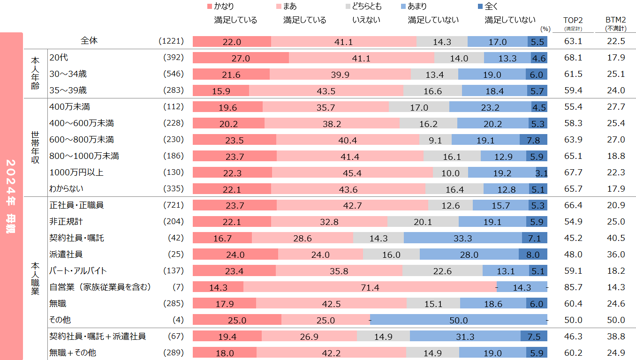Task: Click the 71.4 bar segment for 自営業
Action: [370, 287]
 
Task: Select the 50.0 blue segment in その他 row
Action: [458, 320]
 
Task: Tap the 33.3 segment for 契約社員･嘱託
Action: [462, 238]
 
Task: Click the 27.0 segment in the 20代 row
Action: [241, 58]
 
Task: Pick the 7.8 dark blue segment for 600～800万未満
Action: [533, 140]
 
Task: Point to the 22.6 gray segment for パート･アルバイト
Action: [442, 271]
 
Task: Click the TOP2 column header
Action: [573, 20]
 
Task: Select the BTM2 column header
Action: [615, 20]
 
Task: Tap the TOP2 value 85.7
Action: [573, 287]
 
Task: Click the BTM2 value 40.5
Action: [615, 238]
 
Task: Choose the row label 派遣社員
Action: [66, 255]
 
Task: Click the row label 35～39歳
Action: [68, 90]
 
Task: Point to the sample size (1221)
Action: [171, 41]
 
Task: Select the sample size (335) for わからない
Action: [173, 189]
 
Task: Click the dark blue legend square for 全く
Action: [479, 7]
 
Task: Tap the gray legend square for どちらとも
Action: [348, 7]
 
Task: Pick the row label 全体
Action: [89, 41]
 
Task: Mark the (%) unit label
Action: [545, 29]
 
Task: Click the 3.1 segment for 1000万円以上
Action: [542, 172]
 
